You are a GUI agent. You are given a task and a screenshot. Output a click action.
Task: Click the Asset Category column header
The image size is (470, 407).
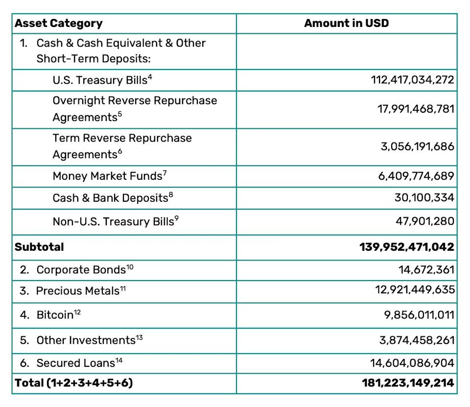click(58, 24)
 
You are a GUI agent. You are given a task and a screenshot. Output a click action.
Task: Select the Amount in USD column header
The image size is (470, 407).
click(346, 24)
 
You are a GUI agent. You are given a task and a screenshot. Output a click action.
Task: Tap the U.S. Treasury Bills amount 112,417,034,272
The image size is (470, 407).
click(413, 80)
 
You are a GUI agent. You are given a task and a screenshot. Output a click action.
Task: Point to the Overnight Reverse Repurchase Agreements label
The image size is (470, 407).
click(135, 109)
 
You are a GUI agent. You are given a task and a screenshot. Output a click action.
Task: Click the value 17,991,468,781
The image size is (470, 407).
click(416, 109)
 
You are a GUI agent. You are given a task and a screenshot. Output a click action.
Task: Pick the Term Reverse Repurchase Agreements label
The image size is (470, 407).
click(122, 146)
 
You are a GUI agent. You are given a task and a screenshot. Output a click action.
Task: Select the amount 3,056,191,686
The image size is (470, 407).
click(418, 146)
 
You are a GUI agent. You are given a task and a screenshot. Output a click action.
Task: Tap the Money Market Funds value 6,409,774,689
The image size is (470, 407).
click(416, 176)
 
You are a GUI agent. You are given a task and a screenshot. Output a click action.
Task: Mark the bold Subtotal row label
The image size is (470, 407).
click(39, 247)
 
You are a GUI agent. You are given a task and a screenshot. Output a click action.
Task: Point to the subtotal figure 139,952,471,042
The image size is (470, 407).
click(407, 247)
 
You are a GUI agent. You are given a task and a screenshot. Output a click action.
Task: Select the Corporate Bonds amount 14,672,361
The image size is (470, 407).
click(426, 269)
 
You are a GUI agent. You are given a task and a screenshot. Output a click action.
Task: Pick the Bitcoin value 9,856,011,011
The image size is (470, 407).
click(419, 314)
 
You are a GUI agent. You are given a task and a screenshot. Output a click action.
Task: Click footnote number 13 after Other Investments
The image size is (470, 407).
click(140, 337)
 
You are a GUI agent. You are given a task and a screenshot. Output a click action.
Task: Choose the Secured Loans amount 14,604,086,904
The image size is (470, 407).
click(412, 363)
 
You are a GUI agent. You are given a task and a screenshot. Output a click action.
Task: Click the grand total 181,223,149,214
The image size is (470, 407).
click(408, 383)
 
